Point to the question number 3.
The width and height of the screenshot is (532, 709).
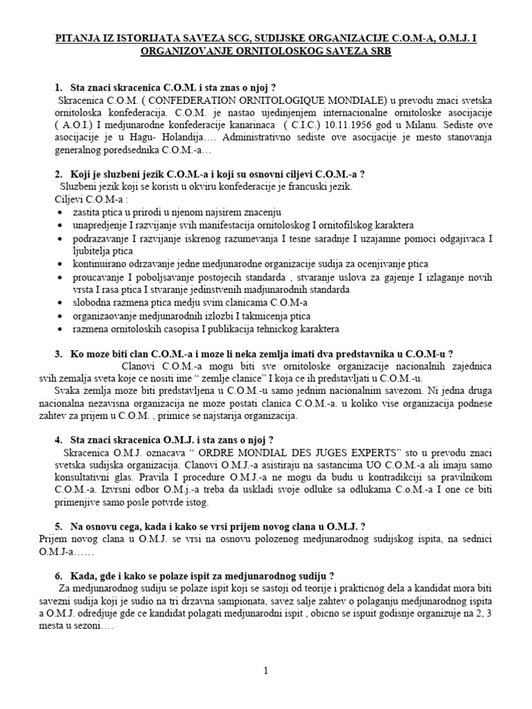pos(57,354)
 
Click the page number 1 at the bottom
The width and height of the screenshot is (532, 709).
pos(265,670)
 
